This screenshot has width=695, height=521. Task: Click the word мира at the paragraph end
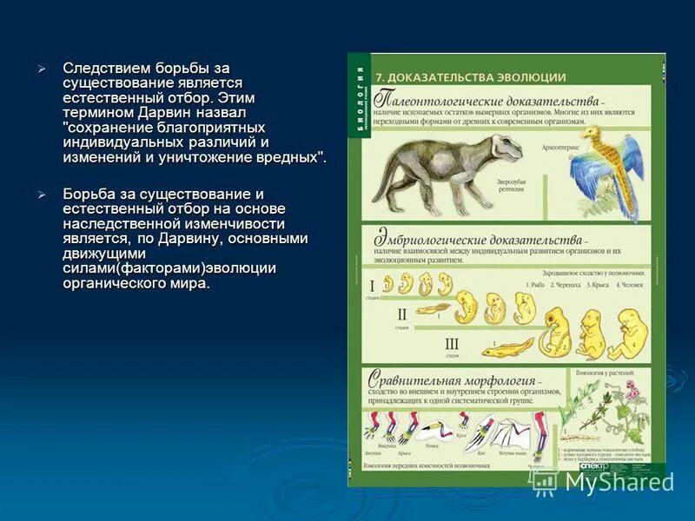tap(191, 284)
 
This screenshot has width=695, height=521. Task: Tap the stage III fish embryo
tap(507, 349)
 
